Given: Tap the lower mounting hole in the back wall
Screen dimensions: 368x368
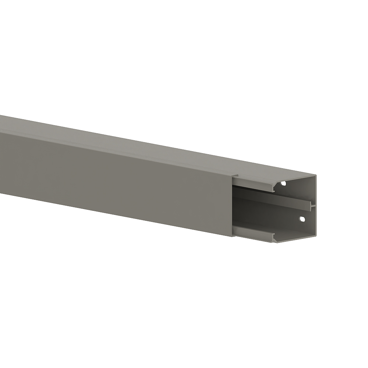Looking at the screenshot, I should click(302, 219).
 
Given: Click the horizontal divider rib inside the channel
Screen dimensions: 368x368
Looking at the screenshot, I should click(272, 201).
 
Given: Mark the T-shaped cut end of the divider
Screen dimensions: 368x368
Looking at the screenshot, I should click(312, 206).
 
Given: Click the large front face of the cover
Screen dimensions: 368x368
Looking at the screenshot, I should click(110, 177).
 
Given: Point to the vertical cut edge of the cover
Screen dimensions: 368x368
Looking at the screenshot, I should click(232, 206).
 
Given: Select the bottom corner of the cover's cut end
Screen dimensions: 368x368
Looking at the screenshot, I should click(233, 237).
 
